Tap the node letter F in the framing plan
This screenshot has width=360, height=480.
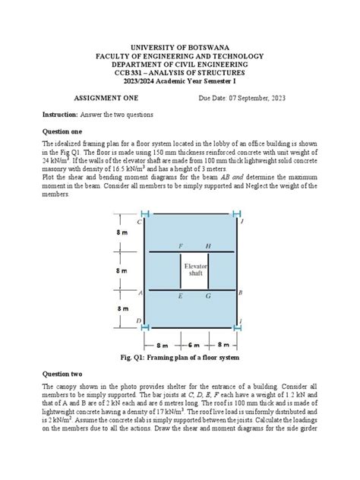(180, 246)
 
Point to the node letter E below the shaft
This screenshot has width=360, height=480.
(180, 296)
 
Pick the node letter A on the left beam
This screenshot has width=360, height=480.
(139, 292)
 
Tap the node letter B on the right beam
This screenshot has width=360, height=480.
(241, 292)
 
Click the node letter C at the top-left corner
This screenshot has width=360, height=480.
(138, 222)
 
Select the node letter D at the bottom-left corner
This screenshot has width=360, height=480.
(138, 322)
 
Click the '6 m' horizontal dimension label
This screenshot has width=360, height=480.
(193, 343)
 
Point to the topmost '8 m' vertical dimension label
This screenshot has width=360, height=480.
(122, 233)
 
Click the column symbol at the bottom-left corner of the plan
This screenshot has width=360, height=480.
(144, 329)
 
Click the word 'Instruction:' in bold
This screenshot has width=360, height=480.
(60, 114)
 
